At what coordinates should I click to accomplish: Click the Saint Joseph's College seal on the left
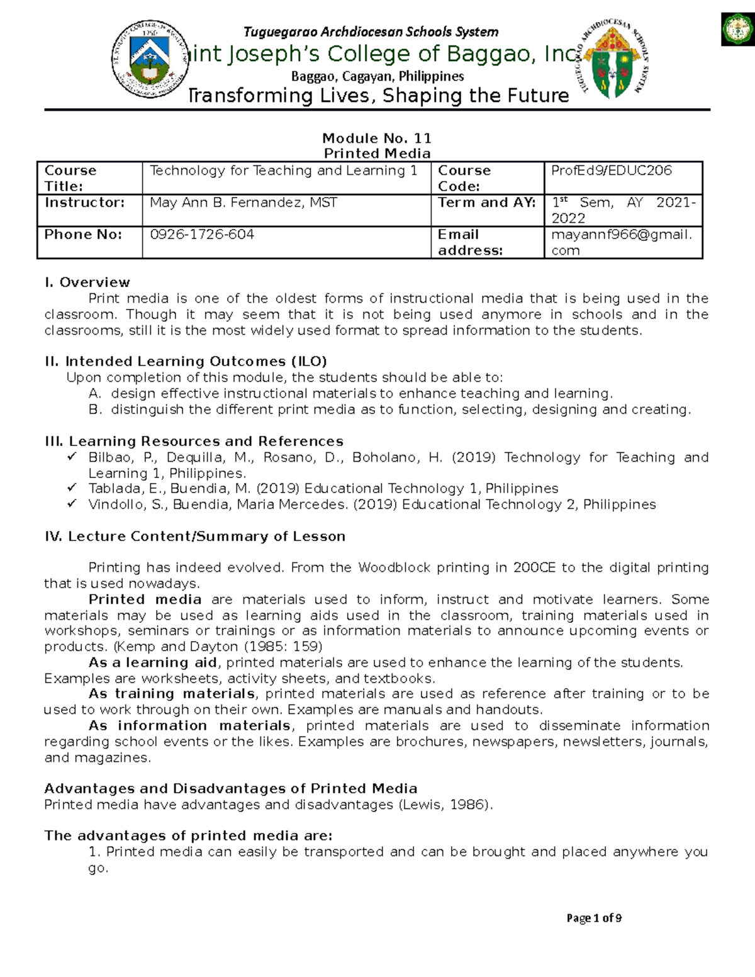[150, 60]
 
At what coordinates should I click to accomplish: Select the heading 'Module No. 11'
[376, 138]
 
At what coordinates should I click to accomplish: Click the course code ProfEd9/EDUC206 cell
[612, 170]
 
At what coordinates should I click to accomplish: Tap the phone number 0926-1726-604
[202, 235]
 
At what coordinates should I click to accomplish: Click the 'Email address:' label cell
[470, 242]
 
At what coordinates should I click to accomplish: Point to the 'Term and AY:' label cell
[486, 203]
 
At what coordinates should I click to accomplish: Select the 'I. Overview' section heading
[87, 282]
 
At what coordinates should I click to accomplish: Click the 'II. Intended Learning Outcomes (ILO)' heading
[186, 361]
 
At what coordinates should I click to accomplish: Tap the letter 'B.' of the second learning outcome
[95, 410]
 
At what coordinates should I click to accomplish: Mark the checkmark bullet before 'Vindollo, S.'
[72, 504]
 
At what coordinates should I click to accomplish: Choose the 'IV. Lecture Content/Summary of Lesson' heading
[194, 537]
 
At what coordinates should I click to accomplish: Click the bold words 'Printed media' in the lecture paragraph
[145, 600]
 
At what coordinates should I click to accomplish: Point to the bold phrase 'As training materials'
[172, 694]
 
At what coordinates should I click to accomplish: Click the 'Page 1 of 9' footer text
[594, 918]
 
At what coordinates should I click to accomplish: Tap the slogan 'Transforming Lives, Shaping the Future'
[379, 96]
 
